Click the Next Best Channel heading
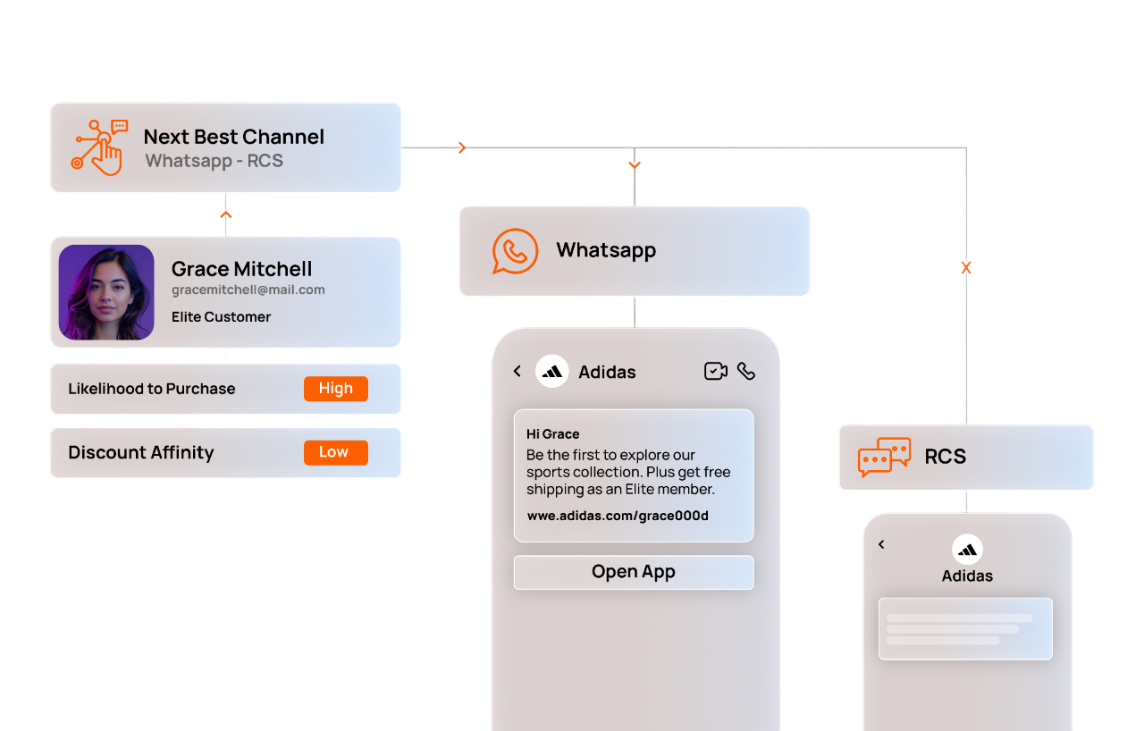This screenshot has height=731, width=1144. click(233, 137)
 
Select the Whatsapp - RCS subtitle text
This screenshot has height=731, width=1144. click(214, 162)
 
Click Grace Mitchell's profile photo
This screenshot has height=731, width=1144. click(106, 292)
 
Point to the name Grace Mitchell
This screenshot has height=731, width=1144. click(241, 269)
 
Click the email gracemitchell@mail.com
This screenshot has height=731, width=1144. click(248, 290)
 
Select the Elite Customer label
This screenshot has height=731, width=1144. click(221, 317)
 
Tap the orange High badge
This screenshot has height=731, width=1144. click(335, 389)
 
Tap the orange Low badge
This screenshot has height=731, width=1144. click(335, 452)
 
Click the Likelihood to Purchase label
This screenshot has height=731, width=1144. click(152, 389)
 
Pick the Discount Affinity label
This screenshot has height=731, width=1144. click(141, 452)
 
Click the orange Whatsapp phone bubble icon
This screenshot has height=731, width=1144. click(515, 251)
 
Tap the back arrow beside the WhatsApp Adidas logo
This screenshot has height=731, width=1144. click(517, 371)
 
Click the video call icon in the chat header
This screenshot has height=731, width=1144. click(715, 371)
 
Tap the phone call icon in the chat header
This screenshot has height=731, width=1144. click(746, 371)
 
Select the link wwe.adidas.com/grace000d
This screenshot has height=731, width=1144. click(617, 516)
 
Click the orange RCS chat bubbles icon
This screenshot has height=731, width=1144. click(883, 457)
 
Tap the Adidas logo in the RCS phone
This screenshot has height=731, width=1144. click(967, 549)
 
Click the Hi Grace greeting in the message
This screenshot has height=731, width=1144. click(552, 434)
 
